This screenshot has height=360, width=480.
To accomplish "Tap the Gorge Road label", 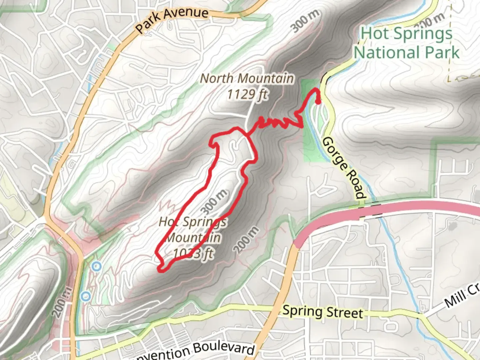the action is (x=343, y=168).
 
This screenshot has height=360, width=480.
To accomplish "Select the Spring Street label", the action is (x=323, y=312).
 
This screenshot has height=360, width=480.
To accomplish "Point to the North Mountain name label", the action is (x=247, y=79).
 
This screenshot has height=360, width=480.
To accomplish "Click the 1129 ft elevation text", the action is (x=247, y=94).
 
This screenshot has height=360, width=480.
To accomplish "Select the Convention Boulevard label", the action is (x=193, y=352).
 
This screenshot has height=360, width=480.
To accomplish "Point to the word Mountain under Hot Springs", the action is (x=193, y=238).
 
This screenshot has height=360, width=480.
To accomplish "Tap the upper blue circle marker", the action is (x=97, y=266).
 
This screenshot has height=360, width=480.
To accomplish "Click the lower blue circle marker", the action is (x=86, y=296).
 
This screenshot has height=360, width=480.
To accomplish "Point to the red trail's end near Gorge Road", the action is (x=318, y=102).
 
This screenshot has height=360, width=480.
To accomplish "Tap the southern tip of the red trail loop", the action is (x=162, y=269).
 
